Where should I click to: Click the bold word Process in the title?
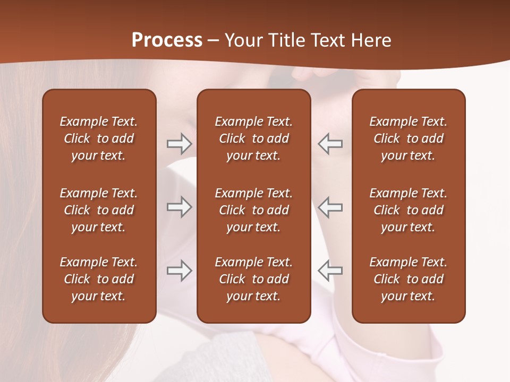click(167, 40)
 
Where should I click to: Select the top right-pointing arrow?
click(179, 144)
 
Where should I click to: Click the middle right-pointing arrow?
click(179, 207)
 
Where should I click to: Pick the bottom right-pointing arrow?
click(179, 271)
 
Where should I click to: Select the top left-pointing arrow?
click(330, 144)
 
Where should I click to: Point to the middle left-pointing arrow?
click(330, 207)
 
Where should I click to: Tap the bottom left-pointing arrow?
click(330, 271)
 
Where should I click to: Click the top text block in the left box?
click(99, 138)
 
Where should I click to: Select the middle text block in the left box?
click(99, 210)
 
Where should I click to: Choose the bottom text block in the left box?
click(99, 279)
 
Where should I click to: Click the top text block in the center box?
click(254, 138)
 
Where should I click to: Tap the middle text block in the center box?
click(254, 210)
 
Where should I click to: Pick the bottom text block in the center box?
click(254, 279)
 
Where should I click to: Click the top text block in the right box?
click(409, 138)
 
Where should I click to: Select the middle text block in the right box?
click(409, 210)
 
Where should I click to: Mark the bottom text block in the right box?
click(409, 279)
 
